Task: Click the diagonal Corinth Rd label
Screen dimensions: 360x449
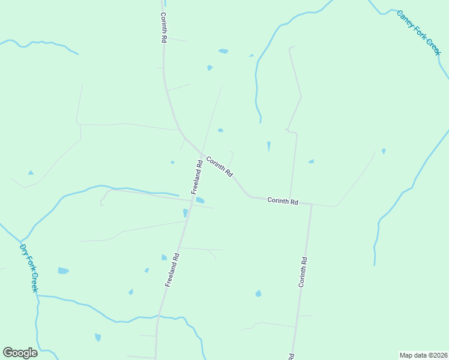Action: [x=219, y=166]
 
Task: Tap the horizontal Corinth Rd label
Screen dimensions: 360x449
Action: [x=283, y=201]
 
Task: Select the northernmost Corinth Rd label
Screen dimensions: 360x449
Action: [x=163, y=28]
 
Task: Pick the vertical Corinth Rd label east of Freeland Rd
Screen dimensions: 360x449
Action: [x=304, y=272]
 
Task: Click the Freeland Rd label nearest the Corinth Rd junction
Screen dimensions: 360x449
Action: [x=197, y=176]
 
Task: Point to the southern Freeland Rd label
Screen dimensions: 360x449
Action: [x=172, y=269]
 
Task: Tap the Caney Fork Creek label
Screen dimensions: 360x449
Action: [x=419, y=33]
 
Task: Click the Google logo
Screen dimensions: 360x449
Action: [x=20, y=353]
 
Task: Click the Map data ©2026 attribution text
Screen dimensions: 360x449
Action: [x=423, y=355]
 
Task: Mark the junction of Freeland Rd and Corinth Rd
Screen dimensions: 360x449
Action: [x=202, y=152]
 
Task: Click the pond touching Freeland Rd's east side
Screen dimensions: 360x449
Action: [x=200, y=200]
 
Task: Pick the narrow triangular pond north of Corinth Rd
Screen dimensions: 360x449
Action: [x=268, y=146]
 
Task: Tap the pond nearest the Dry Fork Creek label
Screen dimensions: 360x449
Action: [x=63, y=271]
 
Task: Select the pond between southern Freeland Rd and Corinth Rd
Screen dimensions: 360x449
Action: [x=258, y=293]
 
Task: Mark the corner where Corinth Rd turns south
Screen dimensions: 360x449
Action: [x=312, y=205]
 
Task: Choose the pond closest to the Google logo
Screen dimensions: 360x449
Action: [x=98, y=337]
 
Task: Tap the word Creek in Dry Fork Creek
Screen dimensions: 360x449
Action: [x=34, y=282]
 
